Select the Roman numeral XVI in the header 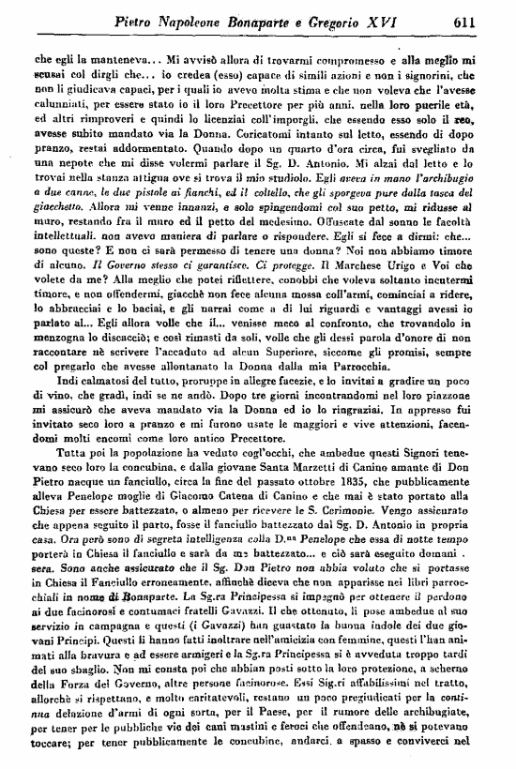(x=406, y=19)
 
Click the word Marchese (x=364, y=297)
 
